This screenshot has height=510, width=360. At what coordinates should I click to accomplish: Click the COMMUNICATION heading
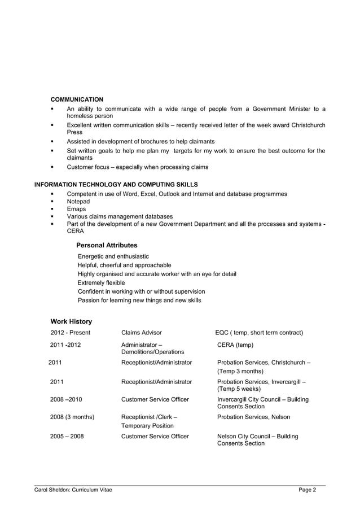(77, 99)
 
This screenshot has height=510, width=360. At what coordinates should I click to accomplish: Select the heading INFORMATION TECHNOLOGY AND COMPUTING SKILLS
(116, 185)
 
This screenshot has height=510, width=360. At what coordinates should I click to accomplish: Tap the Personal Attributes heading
(107, 246)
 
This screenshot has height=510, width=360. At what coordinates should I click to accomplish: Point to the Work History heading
(71, 322)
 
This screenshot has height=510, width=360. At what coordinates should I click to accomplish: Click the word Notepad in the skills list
(78, 202)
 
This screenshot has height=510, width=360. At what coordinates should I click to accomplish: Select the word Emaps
(77, 209)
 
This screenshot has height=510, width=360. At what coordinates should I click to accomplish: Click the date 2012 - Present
(71, 333)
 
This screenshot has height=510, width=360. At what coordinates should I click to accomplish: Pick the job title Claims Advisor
(142, 333)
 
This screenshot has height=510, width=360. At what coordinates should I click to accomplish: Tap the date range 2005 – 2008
(67, 437)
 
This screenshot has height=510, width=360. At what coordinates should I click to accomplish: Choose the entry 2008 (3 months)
(73, 417)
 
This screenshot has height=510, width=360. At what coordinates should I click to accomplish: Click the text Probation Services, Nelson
(254, 417)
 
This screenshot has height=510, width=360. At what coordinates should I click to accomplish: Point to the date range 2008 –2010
(67, 400)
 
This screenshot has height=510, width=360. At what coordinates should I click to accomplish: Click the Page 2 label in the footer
(308, 490)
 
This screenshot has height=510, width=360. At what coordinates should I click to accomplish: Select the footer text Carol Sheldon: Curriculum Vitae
(73, 490)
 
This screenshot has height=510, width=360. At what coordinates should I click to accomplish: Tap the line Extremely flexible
(102, 283)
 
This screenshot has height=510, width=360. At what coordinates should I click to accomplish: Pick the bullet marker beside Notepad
(52, 202)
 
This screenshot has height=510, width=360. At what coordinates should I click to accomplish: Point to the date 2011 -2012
(65, 345)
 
